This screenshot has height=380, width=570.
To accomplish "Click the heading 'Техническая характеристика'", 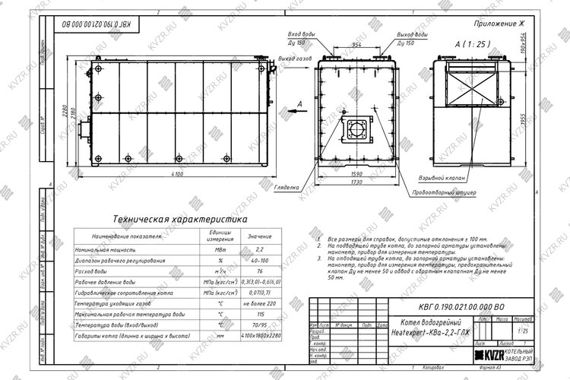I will pos(179,218).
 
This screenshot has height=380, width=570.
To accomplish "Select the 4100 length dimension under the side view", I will pos(177,176).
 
